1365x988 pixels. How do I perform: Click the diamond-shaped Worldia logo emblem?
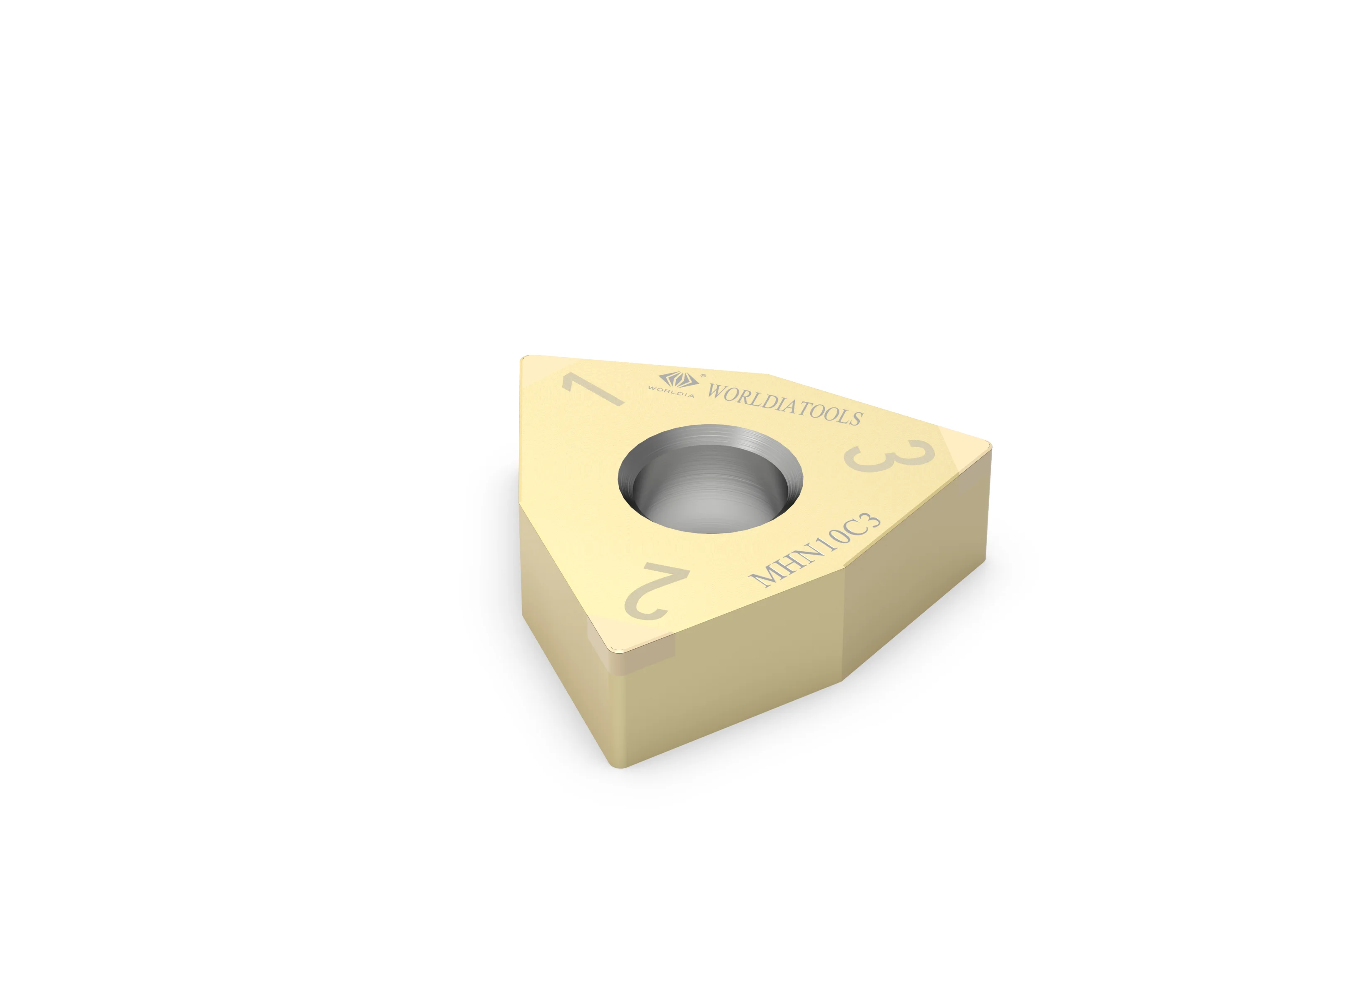(678, 379)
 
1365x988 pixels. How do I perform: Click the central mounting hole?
(710, 479)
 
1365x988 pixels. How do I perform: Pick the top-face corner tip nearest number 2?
(620, 650)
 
